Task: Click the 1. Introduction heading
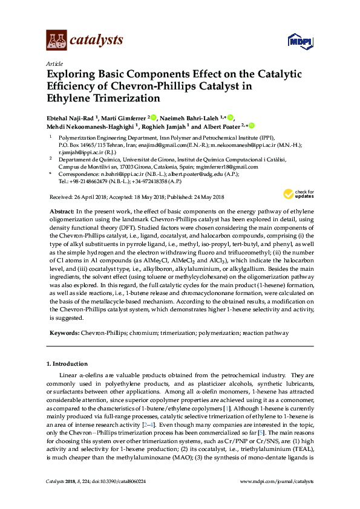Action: tap(67, 364)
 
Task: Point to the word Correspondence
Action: tap(79, 173)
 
